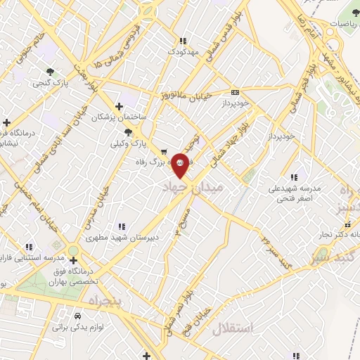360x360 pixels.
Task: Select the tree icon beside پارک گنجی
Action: tap(50, 72)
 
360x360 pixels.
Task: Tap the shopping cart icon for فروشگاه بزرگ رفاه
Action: tap(164, 150)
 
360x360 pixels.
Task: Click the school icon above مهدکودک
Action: tap(184, 41)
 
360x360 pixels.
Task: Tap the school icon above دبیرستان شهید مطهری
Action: tap(121, 226)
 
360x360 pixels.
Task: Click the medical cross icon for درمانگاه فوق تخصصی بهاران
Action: tap(73, 260)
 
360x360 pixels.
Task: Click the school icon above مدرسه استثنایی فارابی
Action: tap(29, 247)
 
